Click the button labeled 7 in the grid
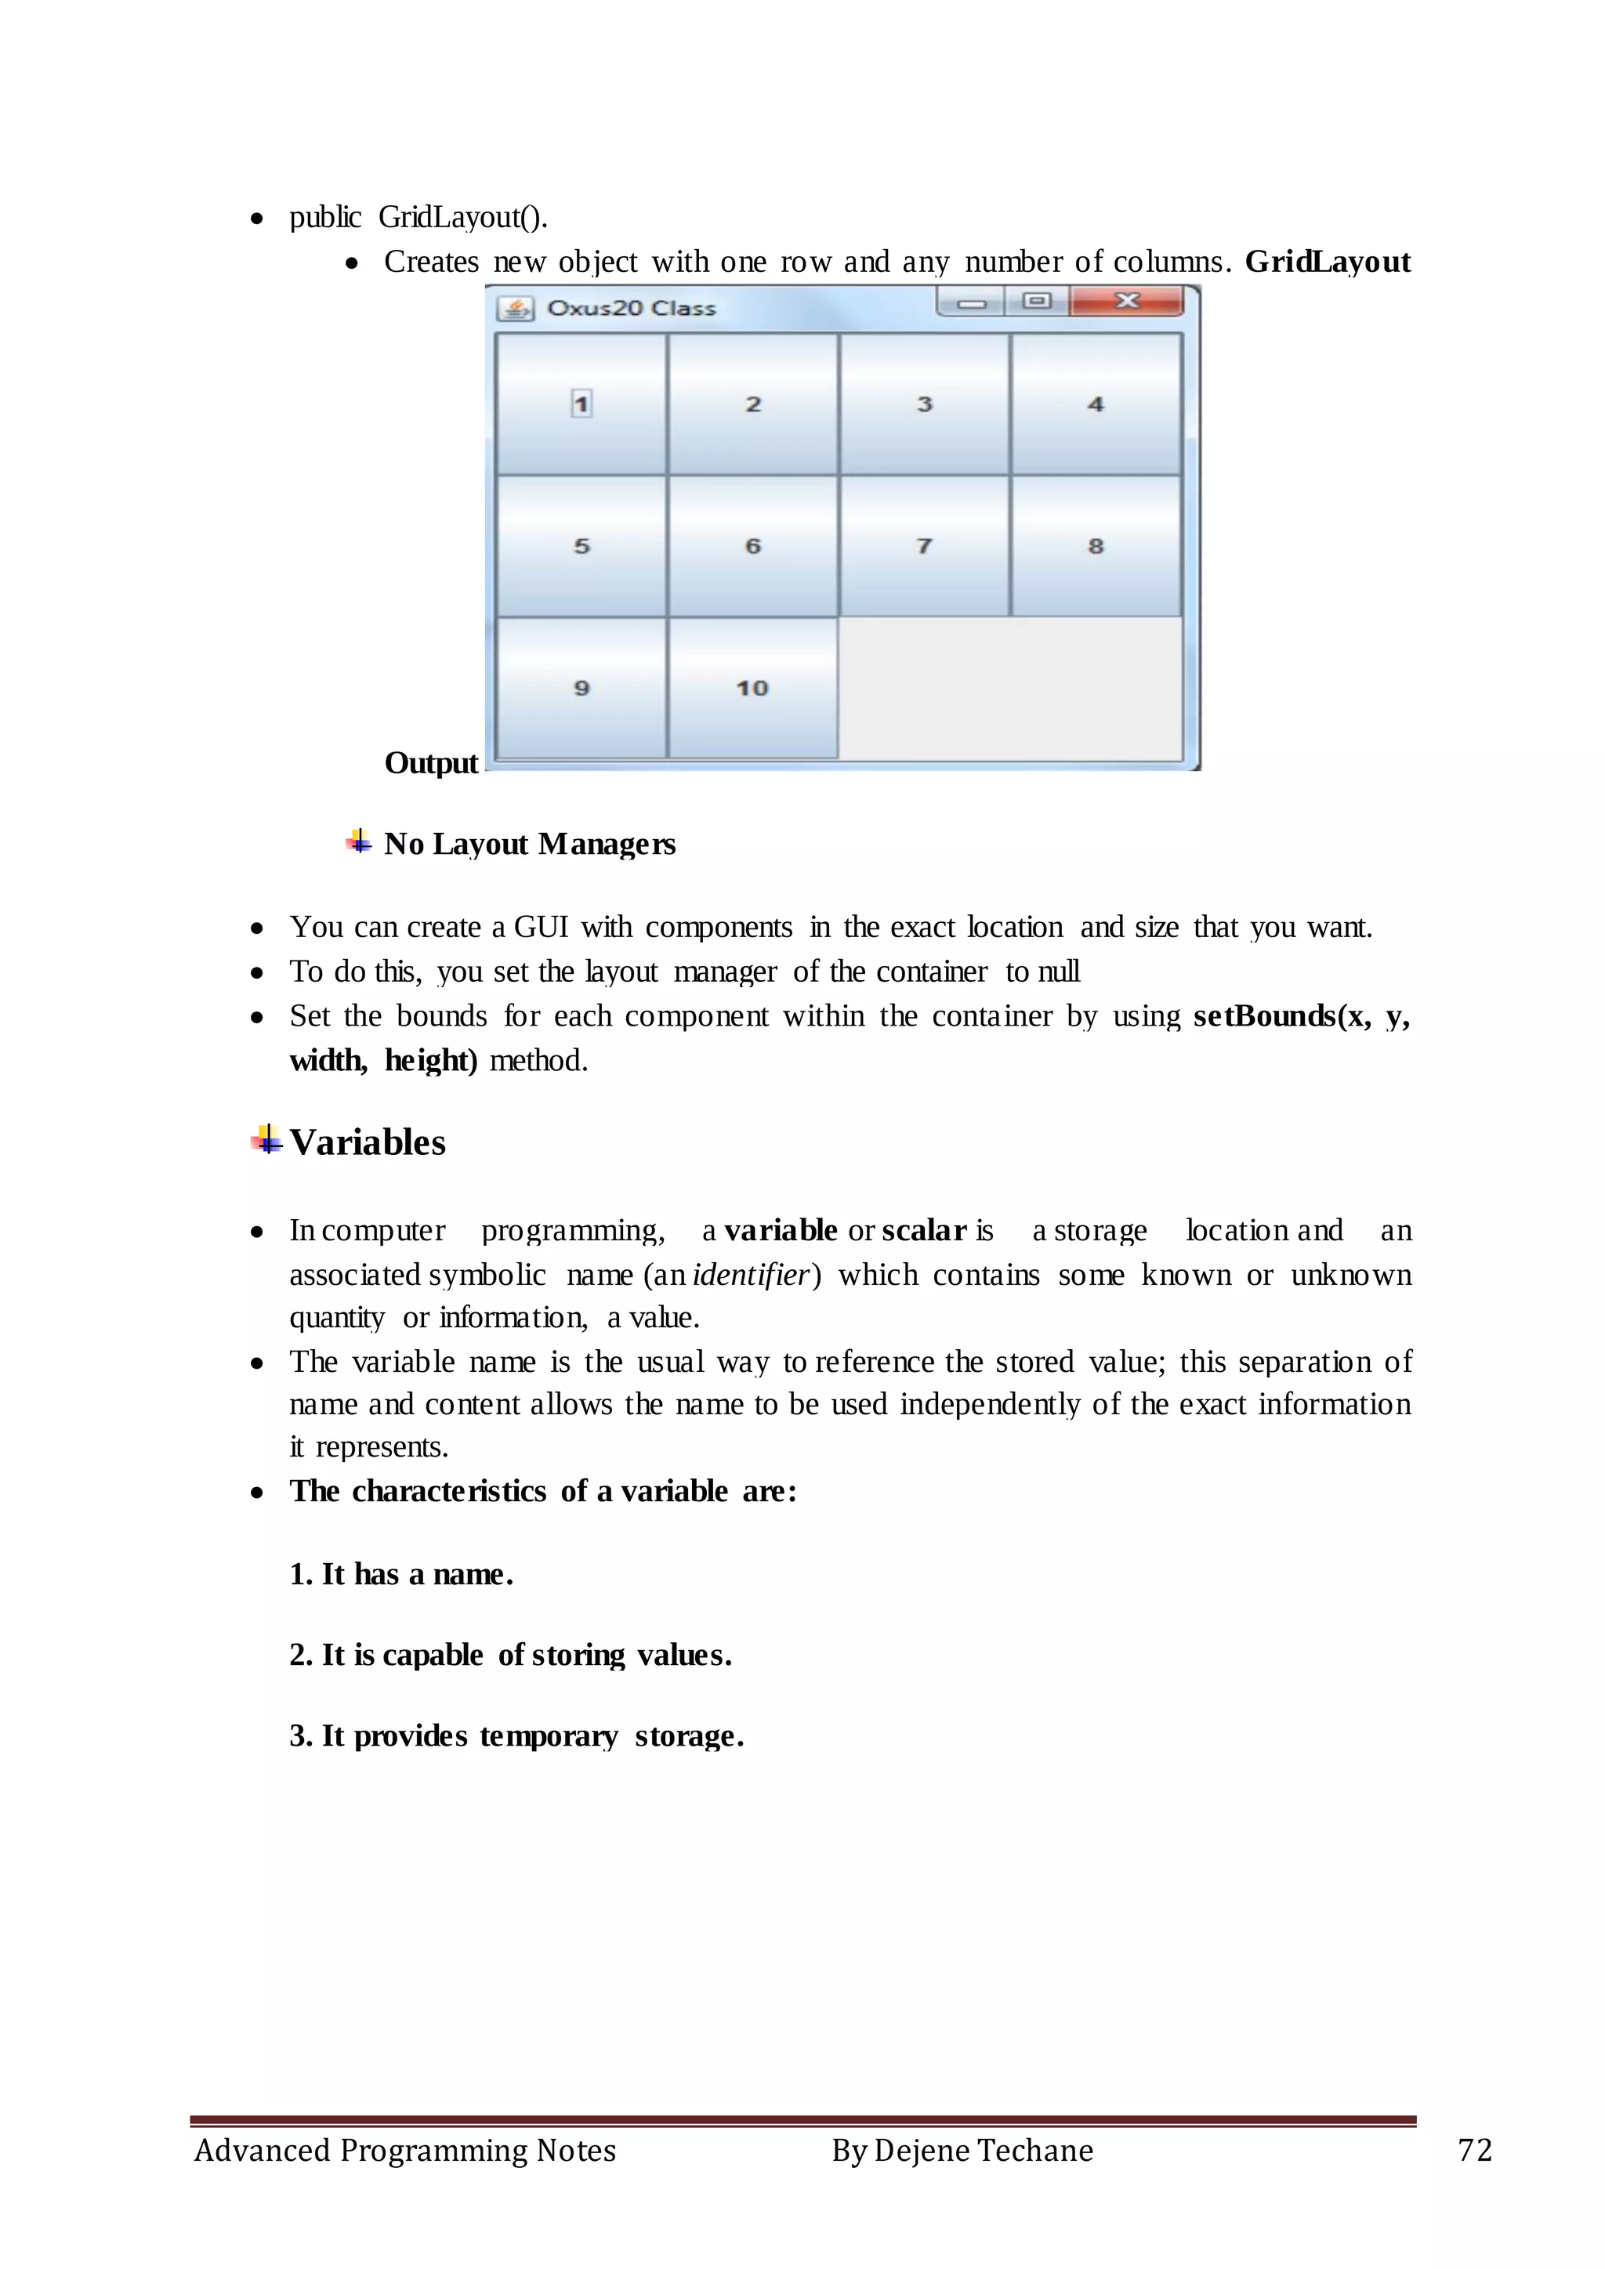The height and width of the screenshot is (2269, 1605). click(x=924, y=545)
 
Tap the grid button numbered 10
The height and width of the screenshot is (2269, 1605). click(x=752, y=688)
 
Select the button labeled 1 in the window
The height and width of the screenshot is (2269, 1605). click(x=581, y=404)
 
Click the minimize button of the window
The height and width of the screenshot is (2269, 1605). click(x=972, y=302)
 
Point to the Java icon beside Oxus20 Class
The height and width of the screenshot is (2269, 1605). click(x=515, y=309)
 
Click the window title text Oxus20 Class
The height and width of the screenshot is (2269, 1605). click(x=631, y=309)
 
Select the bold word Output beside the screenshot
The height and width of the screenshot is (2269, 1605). click(x=431, y=763)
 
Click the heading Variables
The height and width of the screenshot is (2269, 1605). click(x=367, y=1142)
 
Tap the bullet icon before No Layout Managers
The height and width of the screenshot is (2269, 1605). click(x=359, y=842)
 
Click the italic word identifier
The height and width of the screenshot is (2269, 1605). click(x=751, y=1275)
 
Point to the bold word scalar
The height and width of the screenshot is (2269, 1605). click(x=924, y=1230)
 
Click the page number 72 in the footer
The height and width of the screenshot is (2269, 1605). click(x=1475, y=2151)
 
